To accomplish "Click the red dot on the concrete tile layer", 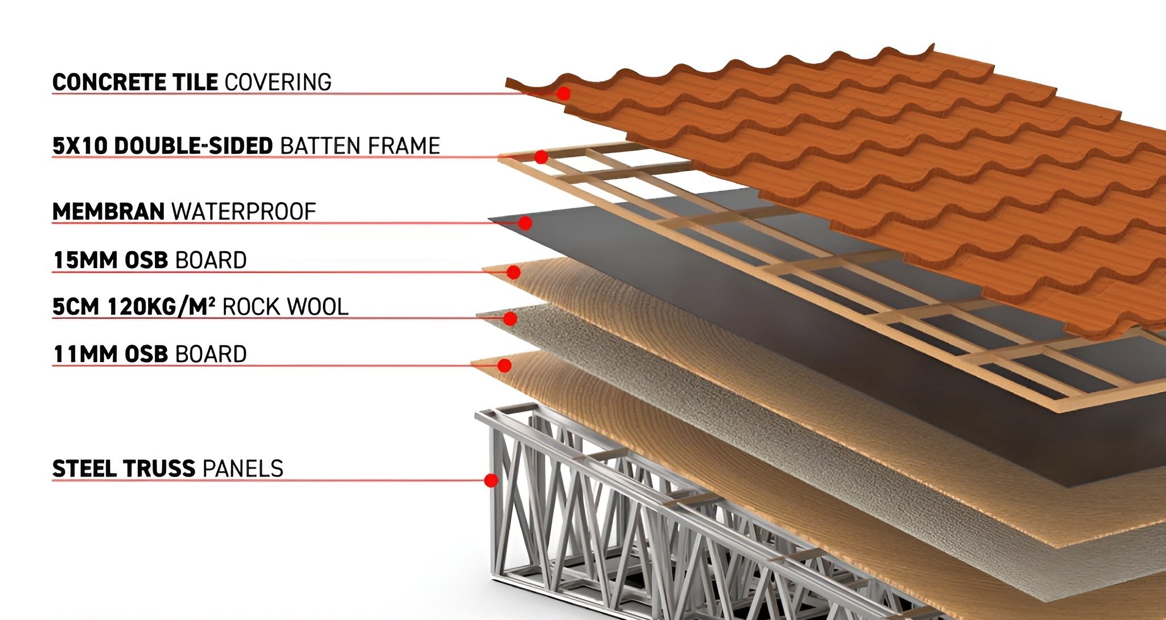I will (x=563, y=93).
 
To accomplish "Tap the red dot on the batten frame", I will (x=541, y=157).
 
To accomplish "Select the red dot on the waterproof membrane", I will (x=525, y=223).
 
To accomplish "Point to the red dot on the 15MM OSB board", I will (x=513, y=273).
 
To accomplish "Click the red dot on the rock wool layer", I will (x=510, y=319).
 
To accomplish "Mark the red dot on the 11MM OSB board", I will (x=504, y=365).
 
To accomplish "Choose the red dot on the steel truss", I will (x=491, y=481).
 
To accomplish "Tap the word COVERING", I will (x=278, y=83).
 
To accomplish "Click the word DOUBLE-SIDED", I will (x=194, y=146).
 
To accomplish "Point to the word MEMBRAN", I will (x=108, y=212).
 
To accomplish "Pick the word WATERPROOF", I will (x=244, y=212).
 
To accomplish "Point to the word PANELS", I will (x=243, y=469).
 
